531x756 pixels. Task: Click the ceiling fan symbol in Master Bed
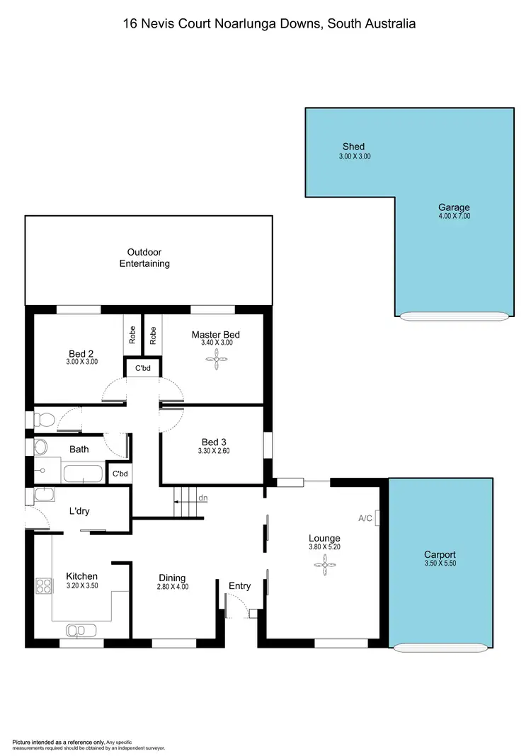215,359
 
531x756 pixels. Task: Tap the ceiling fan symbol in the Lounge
324,564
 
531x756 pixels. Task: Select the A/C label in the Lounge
365,518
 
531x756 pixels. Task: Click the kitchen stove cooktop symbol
43,585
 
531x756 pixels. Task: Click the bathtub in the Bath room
83,474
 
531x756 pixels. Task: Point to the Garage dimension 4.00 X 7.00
454,216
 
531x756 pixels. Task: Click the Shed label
354,147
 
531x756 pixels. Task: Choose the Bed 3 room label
213,442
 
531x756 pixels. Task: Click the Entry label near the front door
239,585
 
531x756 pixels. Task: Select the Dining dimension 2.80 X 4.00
173,587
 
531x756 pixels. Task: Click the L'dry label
79,511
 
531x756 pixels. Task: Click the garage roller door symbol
453,316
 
